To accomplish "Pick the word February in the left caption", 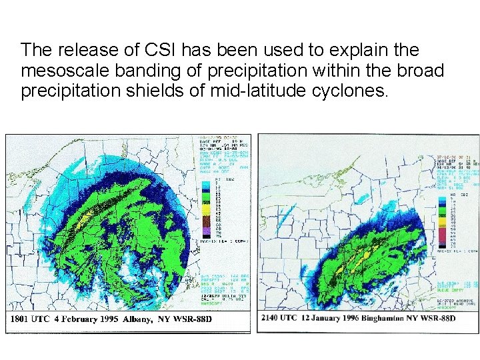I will pos(76,319).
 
